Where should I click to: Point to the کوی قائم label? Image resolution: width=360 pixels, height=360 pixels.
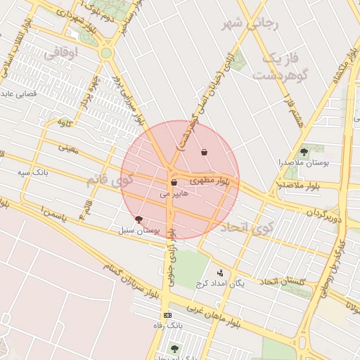click(109, 180)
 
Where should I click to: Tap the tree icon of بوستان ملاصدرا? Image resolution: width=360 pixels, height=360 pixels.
click(304, 150)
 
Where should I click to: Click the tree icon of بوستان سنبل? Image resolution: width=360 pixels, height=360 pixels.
click(138, 219)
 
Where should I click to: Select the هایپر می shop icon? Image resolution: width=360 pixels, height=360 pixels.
click(173, 183)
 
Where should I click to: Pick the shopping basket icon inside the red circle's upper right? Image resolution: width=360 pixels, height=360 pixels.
click(204, 152)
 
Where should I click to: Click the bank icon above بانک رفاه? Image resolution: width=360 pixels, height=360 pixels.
click(167, 315)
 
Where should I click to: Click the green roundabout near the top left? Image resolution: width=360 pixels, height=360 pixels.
click(106, 53)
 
